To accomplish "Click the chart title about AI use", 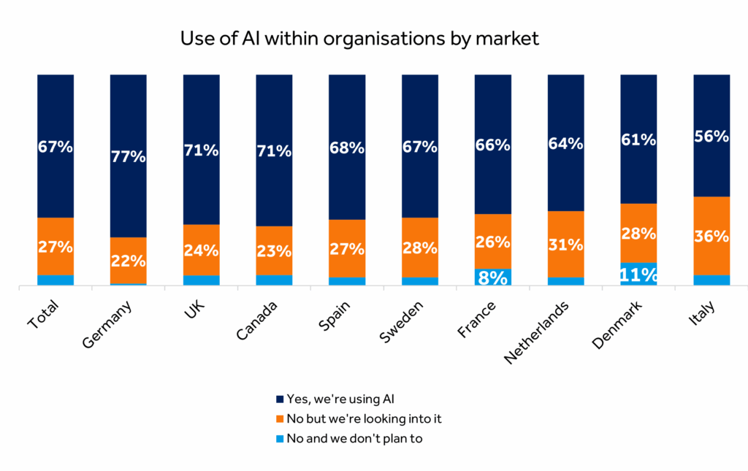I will [359, 39].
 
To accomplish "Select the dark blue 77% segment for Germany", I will [129, 156].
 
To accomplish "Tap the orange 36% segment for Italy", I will [711, 236].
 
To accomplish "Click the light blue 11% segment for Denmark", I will [638, 274].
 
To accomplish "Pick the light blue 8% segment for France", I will [492, 277].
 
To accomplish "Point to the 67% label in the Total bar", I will [56, 147].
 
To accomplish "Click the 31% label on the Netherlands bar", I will [565, 245].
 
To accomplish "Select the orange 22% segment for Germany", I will [129, 260].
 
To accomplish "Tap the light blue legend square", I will [280, 439].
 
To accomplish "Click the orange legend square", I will [280, 419].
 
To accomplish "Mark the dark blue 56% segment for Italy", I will [711, 135].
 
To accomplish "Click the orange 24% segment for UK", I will [202, 250].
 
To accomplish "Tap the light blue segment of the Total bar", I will [56, 280].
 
